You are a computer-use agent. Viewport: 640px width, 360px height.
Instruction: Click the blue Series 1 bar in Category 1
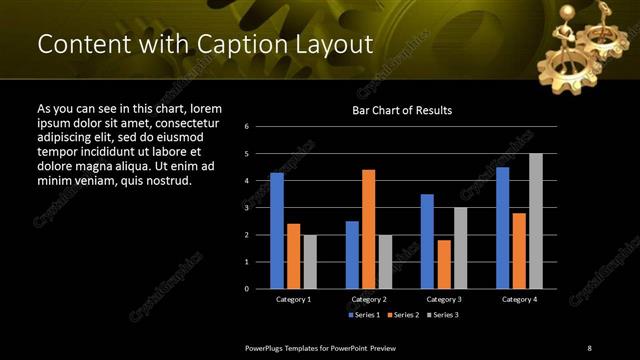(x=277, y=231)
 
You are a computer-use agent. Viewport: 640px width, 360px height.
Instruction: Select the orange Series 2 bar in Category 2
(x=368, y=229)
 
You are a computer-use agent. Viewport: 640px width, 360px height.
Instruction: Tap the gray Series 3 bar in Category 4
(x=536, y=221)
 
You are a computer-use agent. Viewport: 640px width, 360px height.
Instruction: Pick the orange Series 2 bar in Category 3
(x=444, y=264)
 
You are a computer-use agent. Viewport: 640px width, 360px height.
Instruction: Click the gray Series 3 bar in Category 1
(x=310, y=261)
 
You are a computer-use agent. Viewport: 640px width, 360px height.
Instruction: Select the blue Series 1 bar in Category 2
(x=352, y=255)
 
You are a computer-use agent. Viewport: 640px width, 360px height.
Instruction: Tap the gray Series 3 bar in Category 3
(x=460, y=248)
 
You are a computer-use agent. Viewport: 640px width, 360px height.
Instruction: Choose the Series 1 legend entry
(x=364, y=315)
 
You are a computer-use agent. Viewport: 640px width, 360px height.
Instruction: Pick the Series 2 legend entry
(x=403, y=315)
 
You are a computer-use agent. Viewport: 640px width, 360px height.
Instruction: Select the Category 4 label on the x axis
(x=519, y=299)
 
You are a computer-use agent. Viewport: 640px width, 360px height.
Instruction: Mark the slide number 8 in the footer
(x=589, y=347)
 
